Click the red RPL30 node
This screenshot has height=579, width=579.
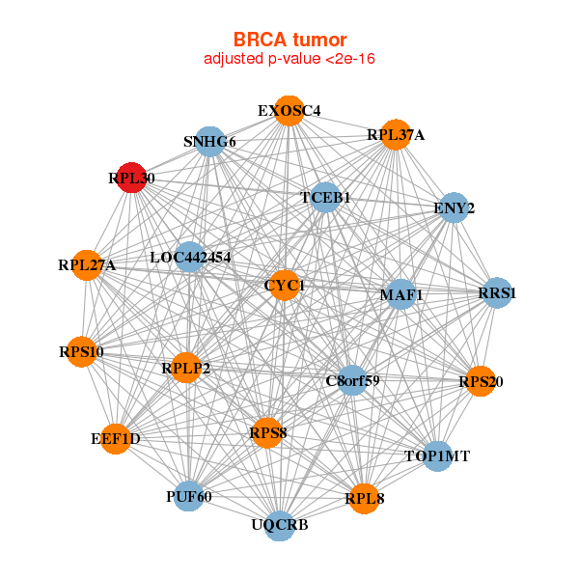click(x=131, y=178)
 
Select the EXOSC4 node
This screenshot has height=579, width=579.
click(x=289, y=111)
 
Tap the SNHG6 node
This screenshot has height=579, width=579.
click(x=209, y=142)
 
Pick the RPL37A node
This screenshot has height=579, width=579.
click(x=395, y=134)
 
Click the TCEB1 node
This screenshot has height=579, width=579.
click(x=325, y=197)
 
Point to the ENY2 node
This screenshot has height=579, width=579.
click(x=454, y=207)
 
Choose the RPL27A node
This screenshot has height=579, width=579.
click(x=87, y=264)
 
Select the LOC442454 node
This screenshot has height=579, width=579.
click(x=190, y=258)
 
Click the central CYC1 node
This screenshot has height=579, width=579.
click(x=284, y=286)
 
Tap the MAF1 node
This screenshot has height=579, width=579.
click(x=401, y=293)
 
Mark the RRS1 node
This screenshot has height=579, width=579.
click(x=497, y=292)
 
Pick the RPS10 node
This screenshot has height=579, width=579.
click(x=81, y=351)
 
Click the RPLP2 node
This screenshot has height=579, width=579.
click(x=185, y=368)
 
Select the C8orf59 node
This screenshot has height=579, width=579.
click(x=352, y=380)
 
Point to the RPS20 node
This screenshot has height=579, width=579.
click(x=480, y=382)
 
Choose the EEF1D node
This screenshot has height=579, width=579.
click(x=116, y=439)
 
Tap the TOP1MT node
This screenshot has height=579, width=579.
click(x=436, y=455)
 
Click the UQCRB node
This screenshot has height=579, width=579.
click(x=280, y=525)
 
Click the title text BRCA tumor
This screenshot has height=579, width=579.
click(x=289, y=40)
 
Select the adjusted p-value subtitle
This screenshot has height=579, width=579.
click(x=289, y=59)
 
